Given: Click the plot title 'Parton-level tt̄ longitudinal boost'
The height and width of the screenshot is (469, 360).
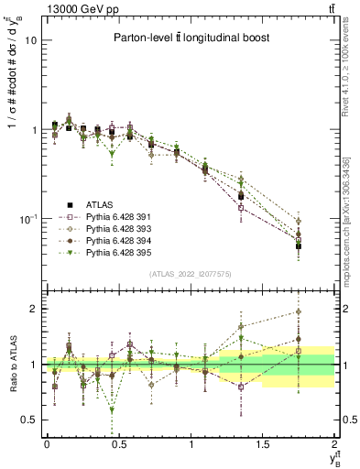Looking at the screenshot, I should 189,38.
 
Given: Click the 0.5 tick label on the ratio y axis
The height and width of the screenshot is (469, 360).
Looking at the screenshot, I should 31,420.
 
